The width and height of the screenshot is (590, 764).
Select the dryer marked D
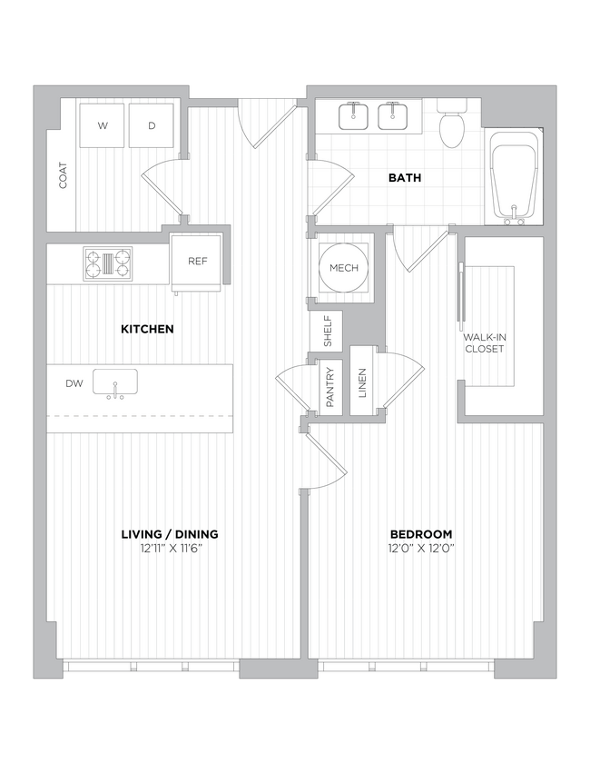(152, 125)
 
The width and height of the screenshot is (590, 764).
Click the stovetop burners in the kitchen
(108, 263)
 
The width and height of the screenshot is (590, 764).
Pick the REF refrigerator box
(198, 262)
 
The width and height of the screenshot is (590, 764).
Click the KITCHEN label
(147, 329)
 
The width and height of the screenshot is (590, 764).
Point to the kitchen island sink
(115, 383)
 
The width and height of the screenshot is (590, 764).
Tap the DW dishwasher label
(74, 383)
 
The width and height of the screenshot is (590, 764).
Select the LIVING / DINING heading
(169, 534)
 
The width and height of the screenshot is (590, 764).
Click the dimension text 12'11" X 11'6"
(169, 548)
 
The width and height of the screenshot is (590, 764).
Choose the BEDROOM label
(421, 534)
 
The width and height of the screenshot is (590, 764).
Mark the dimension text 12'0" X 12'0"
(421, 548)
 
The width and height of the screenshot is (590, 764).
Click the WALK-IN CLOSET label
(486, 342)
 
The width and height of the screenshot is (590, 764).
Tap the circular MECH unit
(343, 268)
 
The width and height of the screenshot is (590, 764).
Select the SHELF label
(327, 332)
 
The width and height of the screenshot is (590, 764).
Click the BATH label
(405, 178)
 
